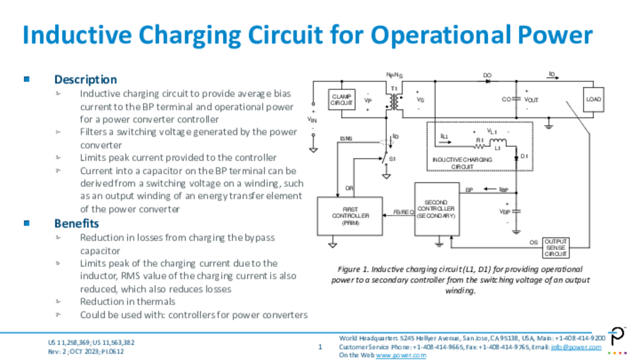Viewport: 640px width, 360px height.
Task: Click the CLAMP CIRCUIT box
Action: click(x=342, y=100)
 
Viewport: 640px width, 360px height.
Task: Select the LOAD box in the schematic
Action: click(x=593, y=100)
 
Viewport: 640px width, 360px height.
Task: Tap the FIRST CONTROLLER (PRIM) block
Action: click(x=351, y=216)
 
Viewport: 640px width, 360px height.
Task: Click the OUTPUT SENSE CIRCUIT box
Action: click(x=556, y=248)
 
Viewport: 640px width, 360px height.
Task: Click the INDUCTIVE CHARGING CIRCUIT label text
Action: click(x=462, y=163)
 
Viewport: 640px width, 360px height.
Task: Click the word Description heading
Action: click(x=86, y=79)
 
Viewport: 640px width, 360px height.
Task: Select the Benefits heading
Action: click(x=76, y=223)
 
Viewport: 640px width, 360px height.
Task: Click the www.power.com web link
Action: click(x=401, y=355)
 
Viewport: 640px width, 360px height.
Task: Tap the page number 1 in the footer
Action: click(x=320, y=347)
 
